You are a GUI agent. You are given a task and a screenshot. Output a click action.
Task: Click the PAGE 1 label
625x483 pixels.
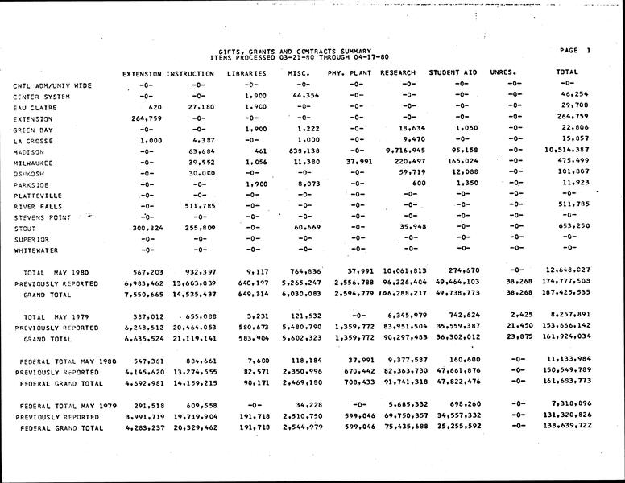pyautogui.click(x=575, y=51)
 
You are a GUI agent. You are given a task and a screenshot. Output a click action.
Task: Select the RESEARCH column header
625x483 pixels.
pyautogui.click(x=397, y=73)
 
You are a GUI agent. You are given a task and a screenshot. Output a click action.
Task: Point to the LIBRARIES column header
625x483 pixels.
pyautogui.click(x=247, y=73)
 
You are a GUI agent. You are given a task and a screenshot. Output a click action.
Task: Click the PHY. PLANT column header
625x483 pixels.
pyautogui.click(x=347, y=73)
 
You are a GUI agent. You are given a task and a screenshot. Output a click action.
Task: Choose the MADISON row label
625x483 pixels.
pyautogui.click(x=29, y=151)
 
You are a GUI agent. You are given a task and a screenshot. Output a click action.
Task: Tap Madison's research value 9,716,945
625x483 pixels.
pyautogui.click(x=406, y=151)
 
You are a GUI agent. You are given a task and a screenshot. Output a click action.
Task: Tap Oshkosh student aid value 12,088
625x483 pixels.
pyautogui.click(x=465, y=173)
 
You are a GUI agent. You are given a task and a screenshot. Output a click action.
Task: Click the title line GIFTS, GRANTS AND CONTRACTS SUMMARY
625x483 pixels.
pyautogui.click(x=295, y=51)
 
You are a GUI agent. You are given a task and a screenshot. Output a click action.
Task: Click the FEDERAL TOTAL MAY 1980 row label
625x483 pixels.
pyautogui.click(x=68, y=361)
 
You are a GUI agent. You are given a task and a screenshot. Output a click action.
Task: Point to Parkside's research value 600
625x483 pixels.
pyautogui.click(x=418, y=184)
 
